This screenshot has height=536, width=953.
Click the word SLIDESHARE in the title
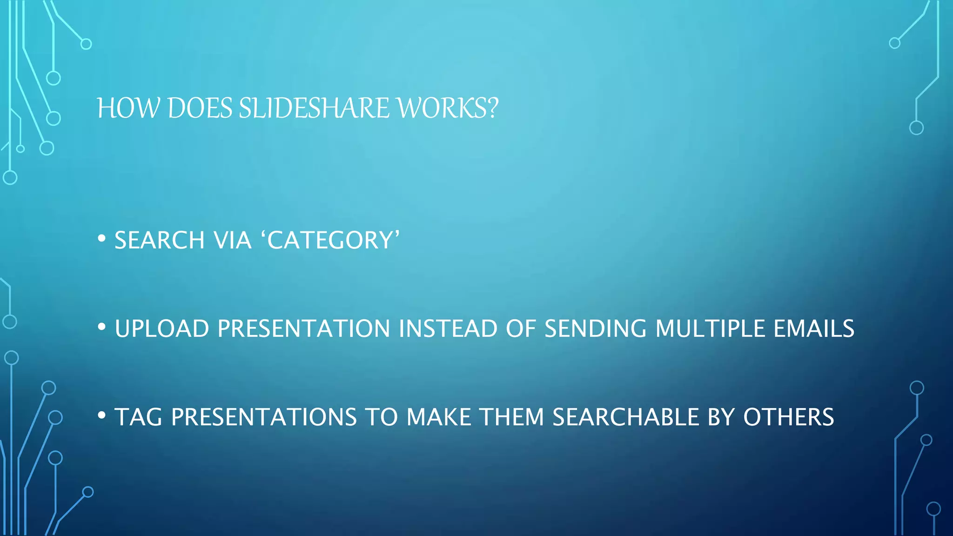pos(314,108)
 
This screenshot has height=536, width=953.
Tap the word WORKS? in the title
pos(448,108)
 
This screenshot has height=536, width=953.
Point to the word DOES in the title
pos(200,108)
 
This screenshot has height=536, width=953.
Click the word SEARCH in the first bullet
pos(159,241)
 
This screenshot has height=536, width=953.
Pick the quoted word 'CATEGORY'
pos(333,241)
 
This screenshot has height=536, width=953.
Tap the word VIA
pos(232,241)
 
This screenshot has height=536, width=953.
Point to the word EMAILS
pos(813,329)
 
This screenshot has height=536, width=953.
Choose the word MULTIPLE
pos(710,329)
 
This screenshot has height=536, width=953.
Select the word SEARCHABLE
pos(625,417)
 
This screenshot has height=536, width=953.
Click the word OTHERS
pos(788,417)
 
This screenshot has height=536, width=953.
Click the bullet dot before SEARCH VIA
pos(101,239)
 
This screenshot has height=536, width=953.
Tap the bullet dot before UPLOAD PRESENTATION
pos(101,327)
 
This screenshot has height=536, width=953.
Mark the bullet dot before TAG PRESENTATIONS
pos(101,415)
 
